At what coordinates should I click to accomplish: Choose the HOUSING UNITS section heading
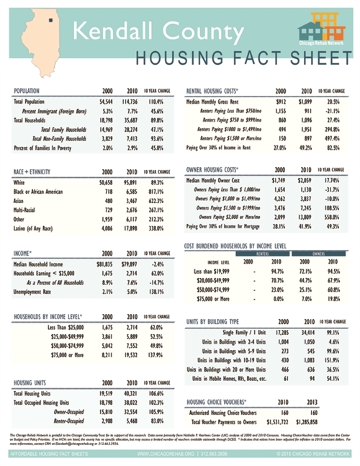tap(32, 382)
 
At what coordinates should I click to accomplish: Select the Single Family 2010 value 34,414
tap(306, 328)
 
